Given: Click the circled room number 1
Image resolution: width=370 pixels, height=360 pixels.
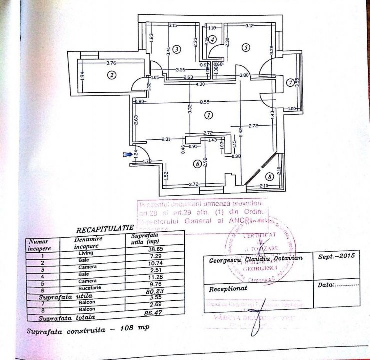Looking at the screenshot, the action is click(209, 115).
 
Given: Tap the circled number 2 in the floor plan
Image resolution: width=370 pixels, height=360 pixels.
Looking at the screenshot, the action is click(111, 75).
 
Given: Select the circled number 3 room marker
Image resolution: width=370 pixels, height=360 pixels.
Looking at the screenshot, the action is click(177, 49).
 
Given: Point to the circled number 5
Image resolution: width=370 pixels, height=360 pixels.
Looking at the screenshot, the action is click(245, 48).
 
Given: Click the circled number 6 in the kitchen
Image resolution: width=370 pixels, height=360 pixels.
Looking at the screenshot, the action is click(198, 163).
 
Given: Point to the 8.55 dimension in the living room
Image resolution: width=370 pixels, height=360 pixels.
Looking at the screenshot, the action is click(204, 101).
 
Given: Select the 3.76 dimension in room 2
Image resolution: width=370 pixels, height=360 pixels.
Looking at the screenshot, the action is click(111, 63).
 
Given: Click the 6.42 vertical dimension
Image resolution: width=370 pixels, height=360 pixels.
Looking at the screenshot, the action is click(241, 133).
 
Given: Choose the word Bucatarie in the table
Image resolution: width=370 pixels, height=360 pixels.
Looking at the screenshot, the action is click(86, 288).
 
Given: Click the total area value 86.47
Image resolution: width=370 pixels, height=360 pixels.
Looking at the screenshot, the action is click(144, 313).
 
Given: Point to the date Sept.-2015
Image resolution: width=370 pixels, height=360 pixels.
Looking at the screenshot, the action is click(336, 255).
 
